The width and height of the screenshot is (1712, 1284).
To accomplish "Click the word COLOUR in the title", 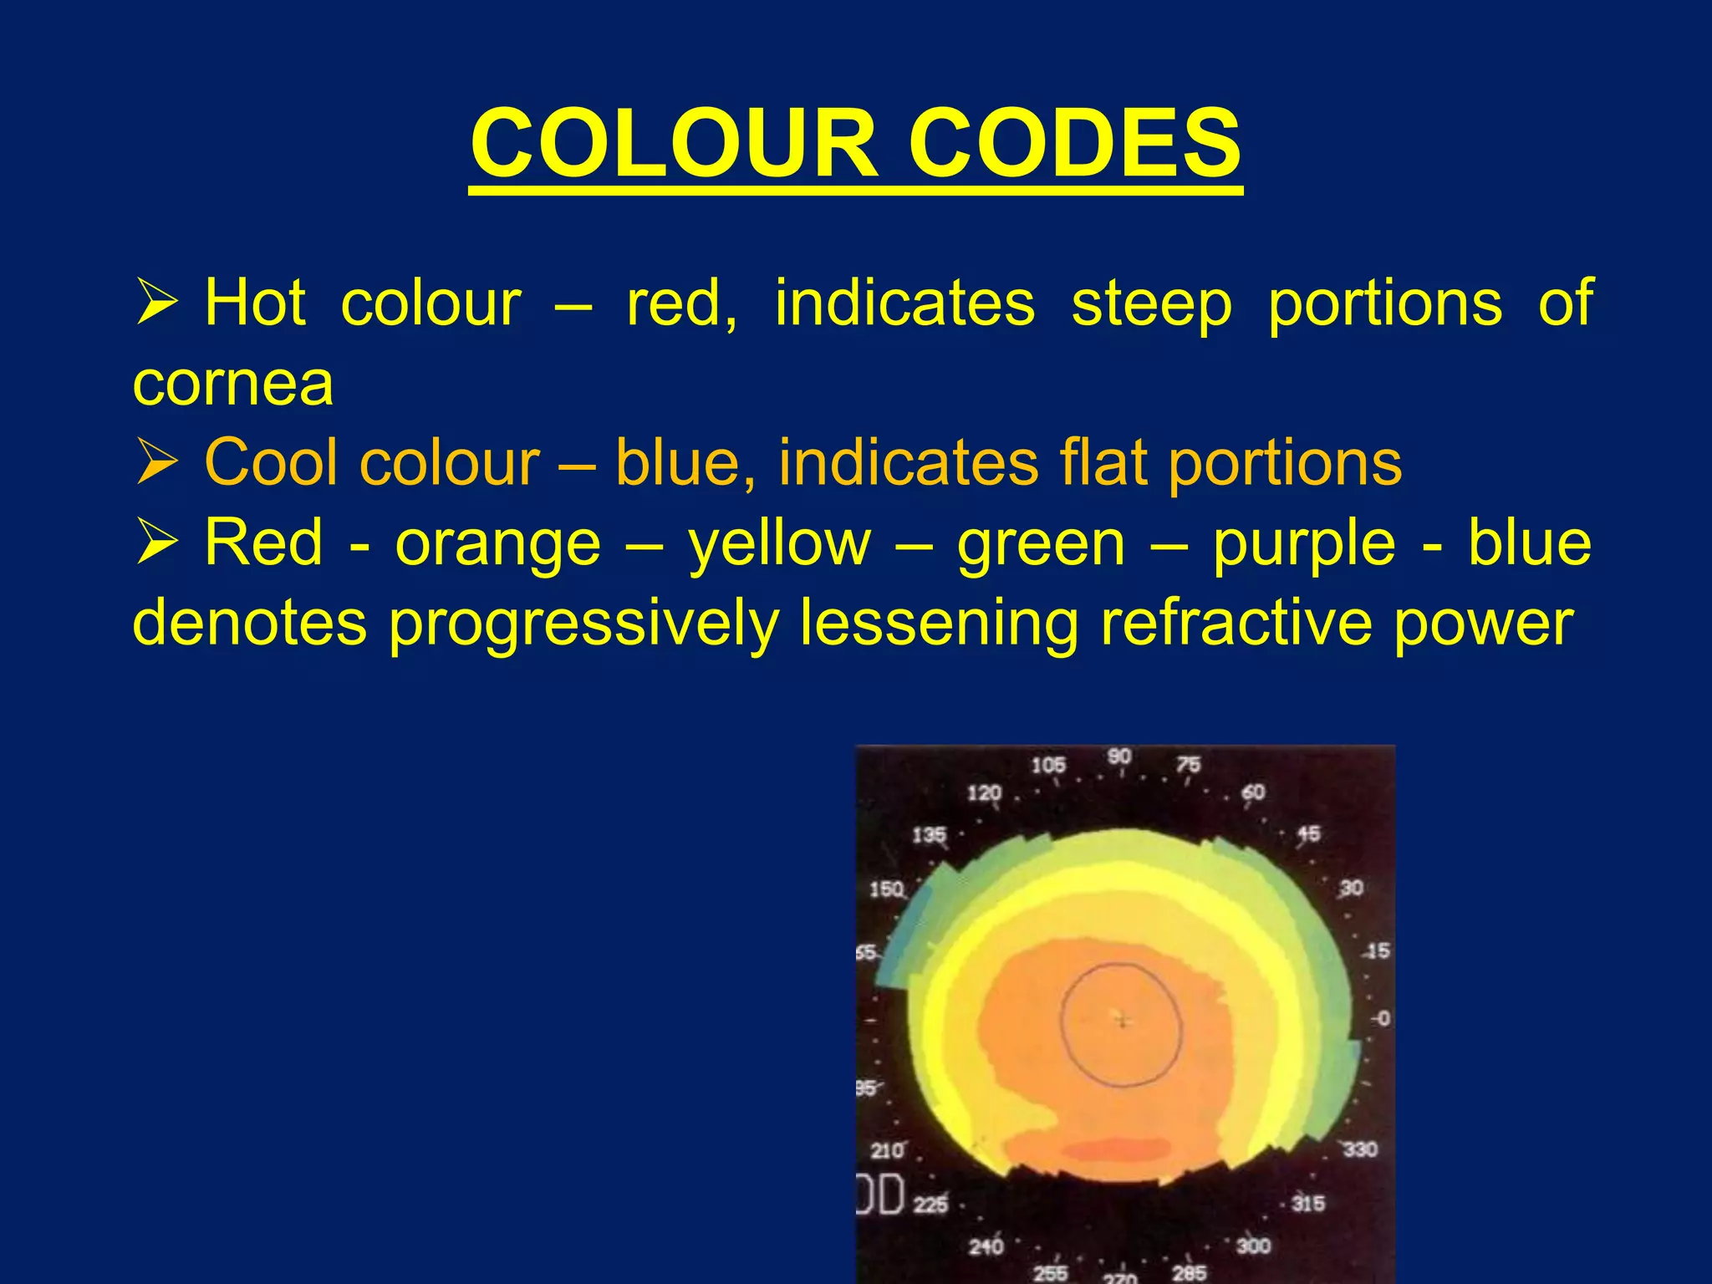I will [x=674, y=144].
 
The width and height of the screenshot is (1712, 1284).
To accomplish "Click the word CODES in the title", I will [x=1075, y=144].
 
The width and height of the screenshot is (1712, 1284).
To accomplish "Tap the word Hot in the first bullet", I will [x=255, y=302].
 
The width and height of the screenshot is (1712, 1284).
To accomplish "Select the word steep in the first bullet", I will [x=1151, y=303].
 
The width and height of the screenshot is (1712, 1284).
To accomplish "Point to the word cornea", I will [x=233, y=384].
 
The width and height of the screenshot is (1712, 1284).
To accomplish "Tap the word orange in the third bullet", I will [x=498, y=543].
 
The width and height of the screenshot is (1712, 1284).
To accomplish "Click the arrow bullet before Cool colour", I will [x=157, y=462].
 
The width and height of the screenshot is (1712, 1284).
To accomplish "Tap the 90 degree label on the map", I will [x=1119, y=757].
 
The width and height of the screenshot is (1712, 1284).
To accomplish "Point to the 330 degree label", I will [x=1359, y=1149].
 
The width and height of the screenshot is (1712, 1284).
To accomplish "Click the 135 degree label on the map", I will [x=929, y=835].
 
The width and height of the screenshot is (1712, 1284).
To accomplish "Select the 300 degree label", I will [x=1253, y=1246].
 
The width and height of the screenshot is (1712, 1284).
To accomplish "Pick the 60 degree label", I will [x=1253, y=792].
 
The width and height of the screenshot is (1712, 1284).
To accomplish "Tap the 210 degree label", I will [x=887, y=1151].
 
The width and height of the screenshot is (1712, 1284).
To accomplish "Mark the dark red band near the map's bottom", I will [x=1120, y=1149].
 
